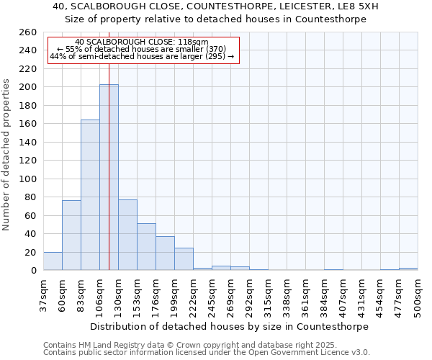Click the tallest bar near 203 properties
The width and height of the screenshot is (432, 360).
click(x=109, y=177)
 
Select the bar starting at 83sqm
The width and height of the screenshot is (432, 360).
click(x=90, y=194)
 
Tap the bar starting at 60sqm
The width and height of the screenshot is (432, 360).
click(x=71, y=235)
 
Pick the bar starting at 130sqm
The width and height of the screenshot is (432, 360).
click(x=127, y=235)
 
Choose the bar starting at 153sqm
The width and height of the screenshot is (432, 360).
click(x=146, y=246)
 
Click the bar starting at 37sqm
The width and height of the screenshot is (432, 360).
click(x=53, y=261)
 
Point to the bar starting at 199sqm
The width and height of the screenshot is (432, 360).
click(x=184, y=259)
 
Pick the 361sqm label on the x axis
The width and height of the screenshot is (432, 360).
click(x=306, y=294)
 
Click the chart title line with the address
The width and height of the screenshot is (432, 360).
click(x=215, y=6)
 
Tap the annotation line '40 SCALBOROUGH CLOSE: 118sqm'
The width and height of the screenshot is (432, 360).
click(x=142, y=42)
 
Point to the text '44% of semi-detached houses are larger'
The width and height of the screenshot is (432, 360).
click(x=142, y=56)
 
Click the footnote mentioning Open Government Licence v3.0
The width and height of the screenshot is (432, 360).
click(x=206, y=352)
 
